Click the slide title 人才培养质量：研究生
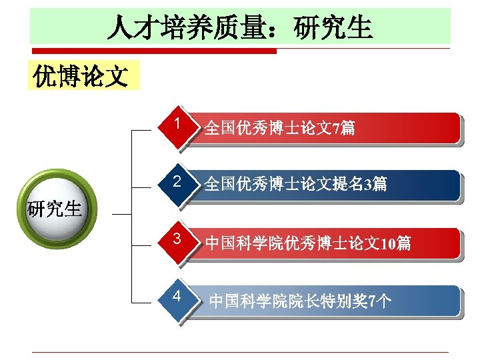coord(240,28)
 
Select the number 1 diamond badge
coord(177,125)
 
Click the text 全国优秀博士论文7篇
coord(279,127)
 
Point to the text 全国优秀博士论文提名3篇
coord(295,184)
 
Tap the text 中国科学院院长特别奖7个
coord(301,301)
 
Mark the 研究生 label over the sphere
coord(54,209)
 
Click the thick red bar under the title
coord(153,51)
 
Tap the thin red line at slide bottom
coord(240,352)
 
